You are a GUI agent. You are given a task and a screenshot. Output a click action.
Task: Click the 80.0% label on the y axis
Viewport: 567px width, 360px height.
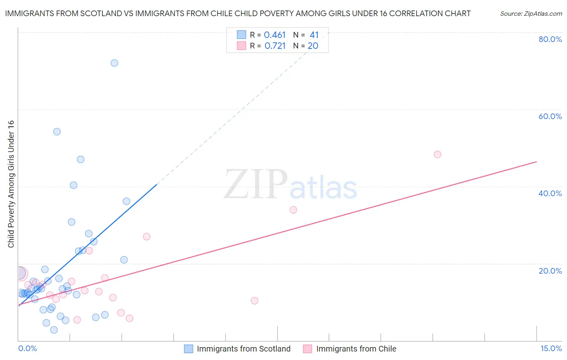pyautogui.click(x=550, y=39)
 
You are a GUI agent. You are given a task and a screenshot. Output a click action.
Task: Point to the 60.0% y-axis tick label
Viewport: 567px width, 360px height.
pyautogui.click(x=550, y=116)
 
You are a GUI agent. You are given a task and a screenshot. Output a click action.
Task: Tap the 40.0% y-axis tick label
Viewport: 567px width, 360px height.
pyautogui.click(x=550, y=193)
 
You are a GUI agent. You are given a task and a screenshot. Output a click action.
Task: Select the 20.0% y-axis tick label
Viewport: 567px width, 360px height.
pyautogui.click(x=550, y=271)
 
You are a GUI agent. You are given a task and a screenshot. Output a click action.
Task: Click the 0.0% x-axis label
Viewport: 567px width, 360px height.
pyautogui.click(x=27, y=349)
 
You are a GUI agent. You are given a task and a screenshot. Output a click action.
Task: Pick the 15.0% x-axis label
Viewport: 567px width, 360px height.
pyautogui.click(x=551, y=349)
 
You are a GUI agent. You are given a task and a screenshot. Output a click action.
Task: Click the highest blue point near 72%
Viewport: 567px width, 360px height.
pyautogui.click(x=115, y=63)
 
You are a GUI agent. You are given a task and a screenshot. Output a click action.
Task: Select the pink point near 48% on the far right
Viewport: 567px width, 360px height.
pyautogui.click(x=438, y=154)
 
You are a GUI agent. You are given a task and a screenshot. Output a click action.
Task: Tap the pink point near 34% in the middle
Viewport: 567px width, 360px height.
pyautogui.click(x=294, y=210)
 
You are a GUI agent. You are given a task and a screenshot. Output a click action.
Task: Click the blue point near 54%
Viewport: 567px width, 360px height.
pyautogui.click(x=57, y=132)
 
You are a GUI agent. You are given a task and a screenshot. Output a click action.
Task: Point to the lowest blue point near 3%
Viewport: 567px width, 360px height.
pyautogui.click(x=54, y=330)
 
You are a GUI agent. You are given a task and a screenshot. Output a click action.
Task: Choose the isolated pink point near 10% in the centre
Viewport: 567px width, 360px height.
pyautogui.click(x=254, y=301)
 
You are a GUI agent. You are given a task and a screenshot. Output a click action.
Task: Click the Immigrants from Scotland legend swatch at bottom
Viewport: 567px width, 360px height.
pyautogui.click(x=188, y=349)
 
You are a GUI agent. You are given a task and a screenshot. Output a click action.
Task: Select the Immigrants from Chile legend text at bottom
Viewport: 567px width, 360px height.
pyautogui.click(x=356, y=349)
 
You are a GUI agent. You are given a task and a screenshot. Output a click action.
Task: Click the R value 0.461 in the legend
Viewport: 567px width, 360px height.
pyautogui.click(x=275, y=35)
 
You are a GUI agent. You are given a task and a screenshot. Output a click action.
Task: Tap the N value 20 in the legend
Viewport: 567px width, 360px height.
pyautogui.click(x=313, y=46)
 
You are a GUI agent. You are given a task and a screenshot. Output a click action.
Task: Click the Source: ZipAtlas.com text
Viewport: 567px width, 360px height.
pyautogui.click(x=531, y=14)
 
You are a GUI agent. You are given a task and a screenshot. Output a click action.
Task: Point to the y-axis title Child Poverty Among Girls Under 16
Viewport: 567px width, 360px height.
pyautogui.click(x=11, y=184)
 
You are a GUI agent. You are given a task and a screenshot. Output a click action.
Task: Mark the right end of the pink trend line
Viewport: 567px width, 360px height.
pyautogui.click(x=536, y=161)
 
